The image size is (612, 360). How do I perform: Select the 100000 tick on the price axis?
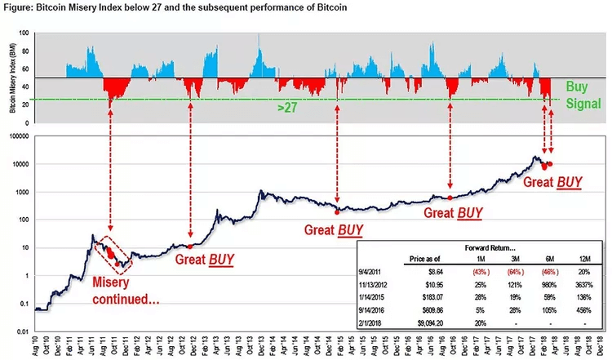(16, 138)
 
